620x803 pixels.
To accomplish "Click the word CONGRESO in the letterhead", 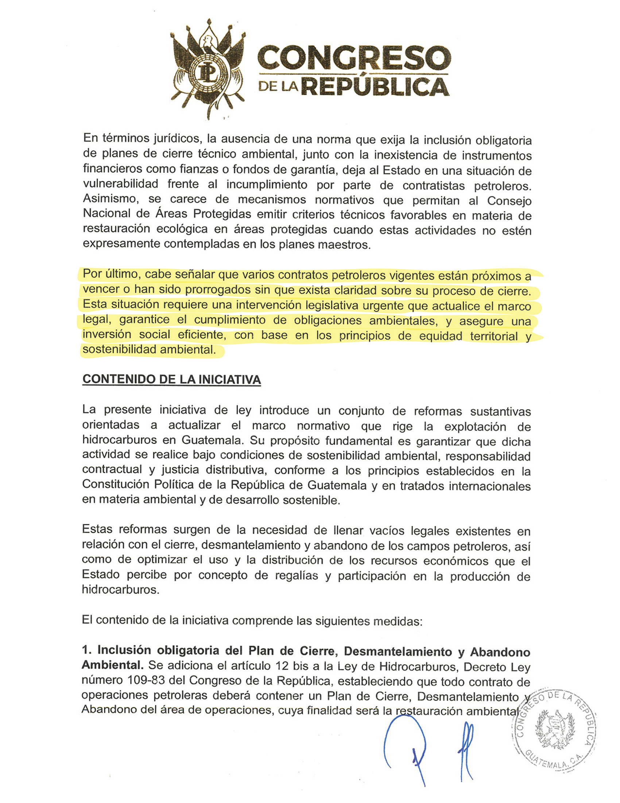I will click(x=354, y=58).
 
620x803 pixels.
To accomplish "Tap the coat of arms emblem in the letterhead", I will click(x=208, y=69).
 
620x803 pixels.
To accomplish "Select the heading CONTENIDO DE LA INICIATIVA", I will click(x=171, y=380).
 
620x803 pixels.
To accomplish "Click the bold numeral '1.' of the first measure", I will click(x=87, y=650).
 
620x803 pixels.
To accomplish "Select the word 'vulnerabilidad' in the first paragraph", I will click(x=120, y=184).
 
